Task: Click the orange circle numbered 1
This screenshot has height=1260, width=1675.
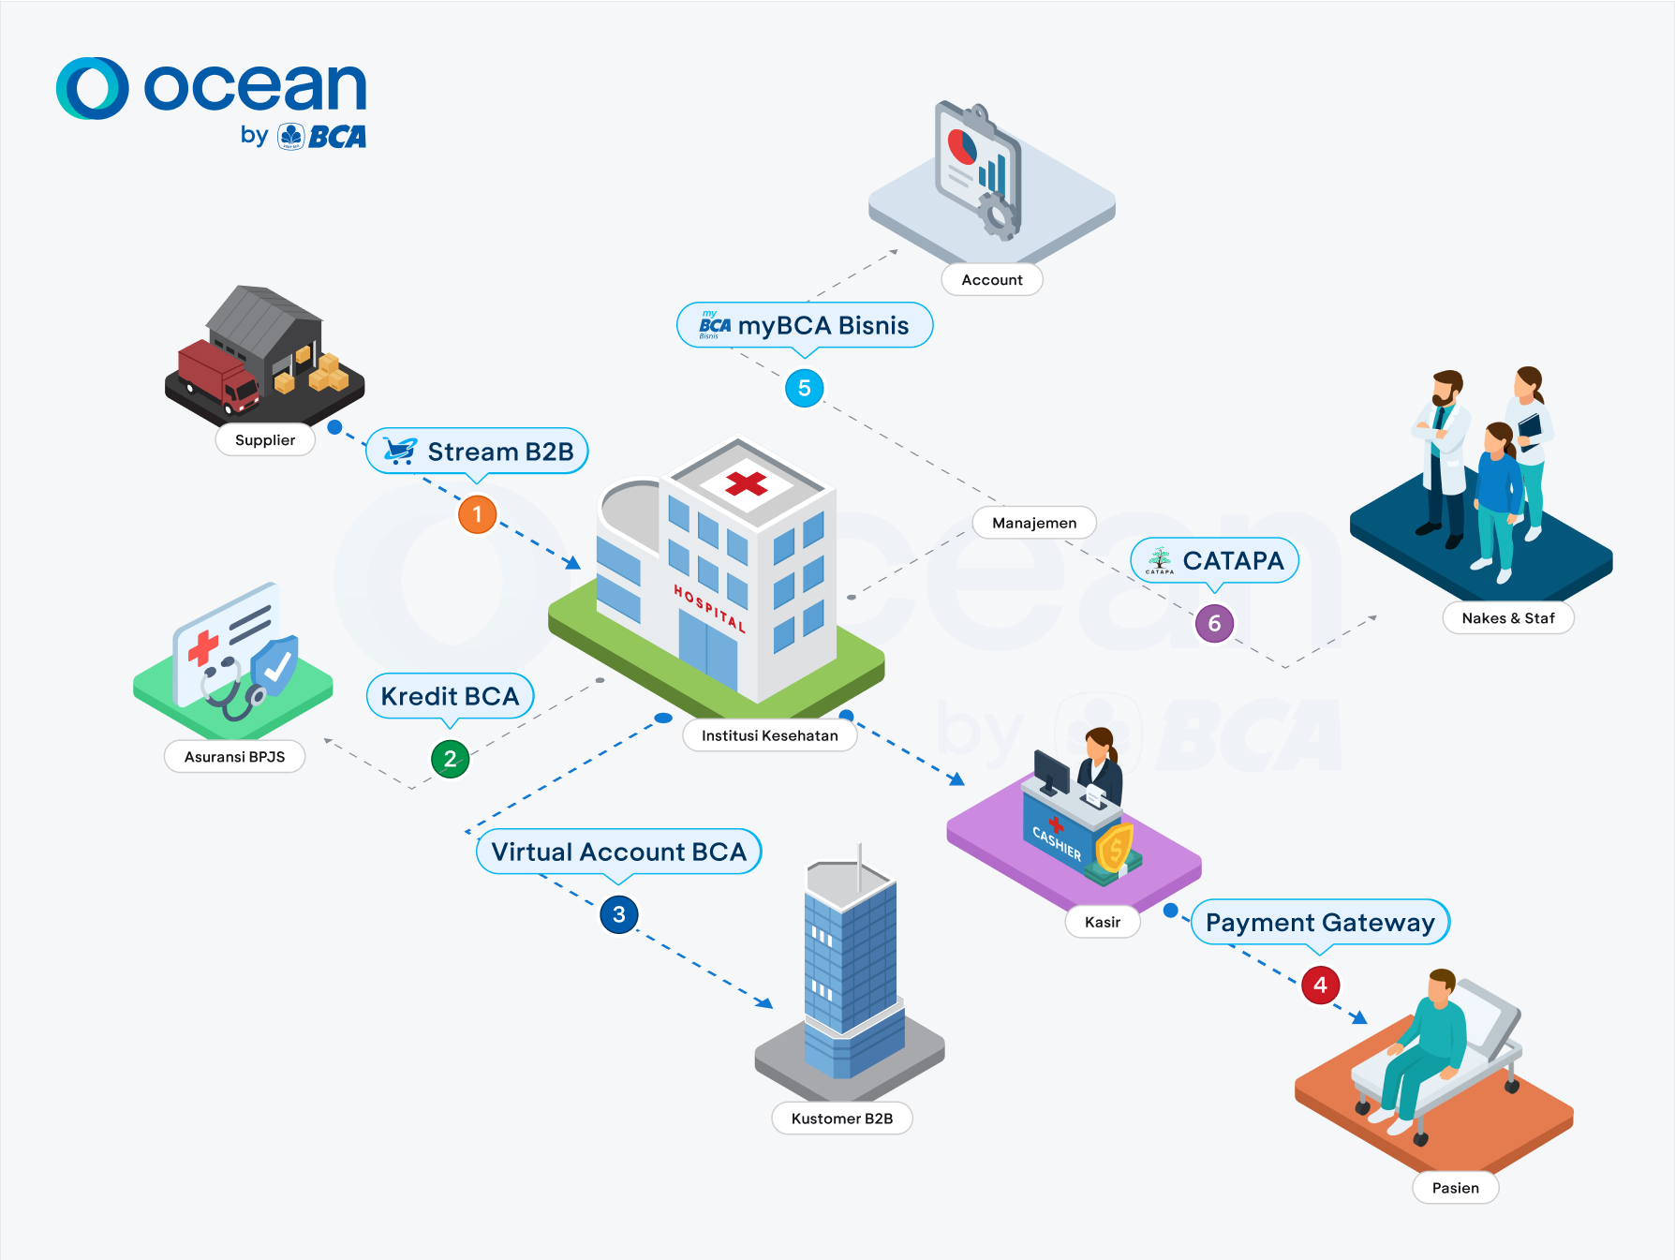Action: pos(477,514)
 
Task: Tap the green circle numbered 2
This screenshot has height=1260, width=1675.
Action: pos(450,759)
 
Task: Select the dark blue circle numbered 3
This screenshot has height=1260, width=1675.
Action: pos(618,914)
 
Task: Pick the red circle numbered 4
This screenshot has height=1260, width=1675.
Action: pos(1320,985)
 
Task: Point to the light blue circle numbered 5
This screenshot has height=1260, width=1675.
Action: pos(804,388)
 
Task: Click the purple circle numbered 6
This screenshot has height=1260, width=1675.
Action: pos(1214,624)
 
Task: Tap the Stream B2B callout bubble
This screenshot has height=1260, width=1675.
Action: pos(477,452)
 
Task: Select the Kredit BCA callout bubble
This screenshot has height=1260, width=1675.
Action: pos(450,696)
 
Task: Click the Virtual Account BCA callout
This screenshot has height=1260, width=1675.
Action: pos(618,852)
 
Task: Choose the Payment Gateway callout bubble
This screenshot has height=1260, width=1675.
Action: pos(1320,922)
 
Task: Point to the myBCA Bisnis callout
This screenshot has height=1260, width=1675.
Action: pos(805,325)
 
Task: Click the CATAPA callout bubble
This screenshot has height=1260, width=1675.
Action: pos(1214,560)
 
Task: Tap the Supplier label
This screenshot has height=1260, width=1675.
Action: pos(265,440)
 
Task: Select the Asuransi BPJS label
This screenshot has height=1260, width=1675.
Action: pos(234,757)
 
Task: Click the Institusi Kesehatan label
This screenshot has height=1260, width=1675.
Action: pos(769,735)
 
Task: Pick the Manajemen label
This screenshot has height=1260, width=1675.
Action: pos(1034,523)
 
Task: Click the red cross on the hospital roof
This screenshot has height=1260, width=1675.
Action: pos(746,483)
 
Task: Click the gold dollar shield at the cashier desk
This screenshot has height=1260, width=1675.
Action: pos(1114,849)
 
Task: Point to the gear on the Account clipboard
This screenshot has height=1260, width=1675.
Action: pos(998,215)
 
